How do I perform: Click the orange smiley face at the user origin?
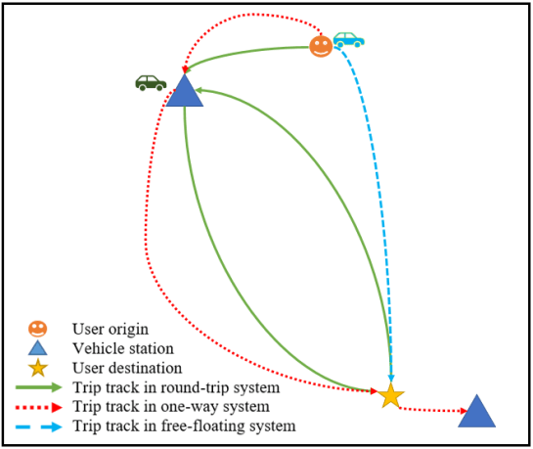[321, 46]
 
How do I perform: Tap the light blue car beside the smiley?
[348, 40]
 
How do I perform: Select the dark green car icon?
[150, 82]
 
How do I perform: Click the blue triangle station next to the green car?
[183, 93]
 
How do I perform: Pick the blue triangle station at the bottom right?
[476, 413]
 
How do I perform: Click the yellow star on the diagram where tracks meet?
[390, 395]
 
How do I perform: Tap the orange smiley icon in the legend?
[37, 328]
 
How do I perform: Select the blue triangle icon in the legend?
[37, 347]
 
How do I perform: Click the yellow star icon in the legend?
[37, 368]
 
